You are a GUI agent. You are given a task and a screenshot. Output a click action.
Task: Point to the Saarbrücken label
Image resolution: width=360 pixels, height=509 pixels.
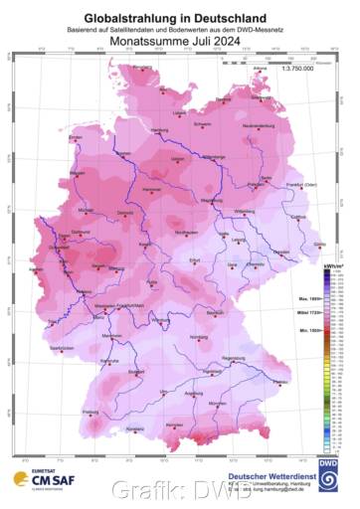coord(62,347)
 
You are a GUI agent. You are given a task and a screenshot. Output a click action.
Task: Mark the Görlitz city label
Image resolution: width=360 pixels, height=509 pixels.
coord(317,244)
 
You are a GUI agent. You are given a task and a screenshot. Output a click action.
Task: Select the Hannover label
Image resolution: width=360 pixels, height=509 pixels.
coord(151,189)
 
